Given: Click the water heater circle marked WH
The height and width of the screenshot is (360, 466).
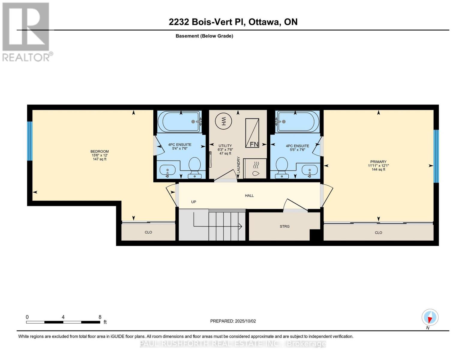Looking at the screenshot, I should [x=223, y=121].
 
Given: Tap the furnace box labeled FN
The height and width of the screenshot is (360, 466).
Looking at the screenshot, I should [x=252, y=133].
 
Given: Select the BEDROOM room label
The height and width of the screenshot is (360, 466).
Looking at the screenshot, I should [x=100, y=151].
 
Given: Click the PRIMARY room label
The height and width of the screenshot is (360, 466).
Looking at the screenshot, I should [x=378, y=162].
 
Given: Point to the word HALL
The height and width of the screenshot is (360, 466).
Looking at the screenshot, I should [x=249, y=196].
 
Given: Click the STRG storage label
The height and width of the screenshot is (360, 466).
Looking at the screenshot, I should [x=284, y=226].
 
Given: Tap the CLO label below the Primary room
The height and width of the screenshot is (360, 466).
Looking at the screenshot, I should [x=378, y=232].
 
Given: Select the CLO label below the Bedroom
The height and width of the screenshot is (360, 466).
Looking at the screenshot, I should [x=148, y=232].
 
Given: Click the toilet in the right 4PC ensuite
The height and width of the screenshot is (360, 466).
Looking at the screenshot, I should [x=282, y=166].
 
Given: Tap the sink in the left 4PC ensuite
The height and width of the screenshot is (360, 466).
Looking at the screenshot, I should [x=167, y=170].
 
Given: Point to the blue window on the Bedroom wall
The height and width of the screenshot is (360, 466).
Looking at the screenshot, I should [x=29, y=141].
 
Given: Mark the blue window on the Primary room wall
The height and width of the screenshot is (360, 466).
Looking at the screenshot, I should [x=436, y=156].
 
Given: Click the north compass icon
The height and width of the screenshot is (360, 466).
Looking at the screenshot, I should [x=430, y=317].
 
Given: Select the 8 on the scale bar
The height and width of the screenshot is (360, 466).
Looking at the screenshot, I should [x=100, y=317].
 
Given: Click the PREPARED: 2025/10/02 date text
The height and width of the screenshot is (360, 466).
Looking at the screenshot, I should [x=233, y=321].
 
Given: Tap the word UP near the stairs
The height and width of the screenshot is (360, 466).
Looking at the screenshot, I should [x=194, y=202].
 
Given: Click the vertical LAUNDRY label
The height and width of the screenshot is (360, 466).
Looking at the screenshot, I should [x=239, y=165].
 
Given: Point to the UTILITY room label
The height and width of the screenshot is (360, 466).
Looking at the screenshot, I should [x=225, y=146].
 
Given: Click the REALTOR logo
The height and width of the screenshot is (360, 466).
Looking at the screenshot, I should [x=26, y=31].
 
